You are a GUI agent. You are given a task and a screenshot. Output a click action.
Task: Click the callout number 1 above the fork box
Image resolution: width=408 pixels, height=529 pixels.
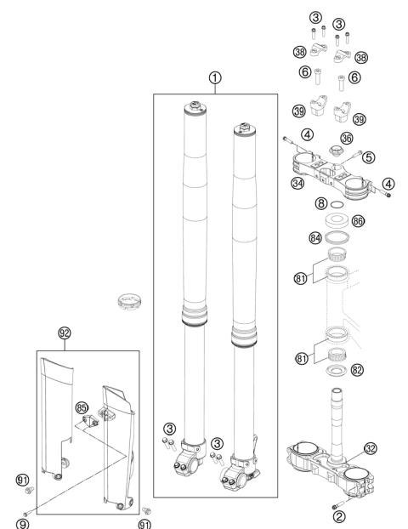(x=215, y=78)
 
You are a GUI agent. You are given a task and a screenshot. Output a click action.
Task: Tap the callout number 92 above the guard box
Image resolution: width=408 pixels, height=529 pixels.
(x=65, y=333)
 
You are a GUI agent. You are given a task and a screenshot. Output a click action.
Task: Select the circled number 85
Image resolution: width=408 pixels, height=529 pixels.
(x=82, y=407)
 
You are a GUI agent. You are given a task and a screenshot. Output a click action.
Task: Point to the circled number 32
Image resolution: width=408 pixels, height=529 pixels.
(x=371, y=448)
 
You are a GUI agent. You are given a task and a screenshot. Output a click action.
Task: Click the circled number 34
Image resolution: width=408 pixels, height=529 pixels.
(x=297, y=183)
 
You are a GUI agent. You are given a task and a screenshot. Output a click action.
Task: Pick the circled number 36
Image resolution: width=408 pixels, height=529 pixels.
(x=347, y=138)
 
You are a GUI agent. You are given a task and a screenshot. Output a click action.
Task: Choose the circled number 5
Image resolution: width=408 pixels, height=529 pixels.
(x=369, y=157)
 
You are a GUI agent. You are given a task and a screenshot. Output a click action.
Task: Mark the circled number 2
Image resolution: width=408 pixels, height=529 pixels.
(x=339, y=516)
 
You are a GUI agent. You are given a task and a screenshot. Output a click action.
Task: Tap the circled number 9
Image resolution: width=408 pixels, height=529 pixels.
(x=23, y=524)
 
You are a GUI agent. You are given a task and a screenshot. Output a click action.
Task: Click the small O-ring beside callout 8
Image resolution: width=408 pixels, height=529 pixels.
(x=337, y=205)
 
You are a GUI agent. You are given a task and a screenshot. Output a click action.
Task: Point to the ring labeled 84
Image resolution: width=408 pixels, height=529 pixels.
(x=337, y=237)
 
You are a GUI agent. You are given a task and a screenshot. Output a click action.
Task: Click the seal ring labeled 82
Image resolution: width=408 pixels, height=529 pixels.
(x=337, y=371)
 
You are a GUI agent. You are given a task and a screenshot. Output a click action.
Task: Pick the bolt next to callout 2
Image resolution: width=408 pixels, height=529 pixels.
(x=337, y=505)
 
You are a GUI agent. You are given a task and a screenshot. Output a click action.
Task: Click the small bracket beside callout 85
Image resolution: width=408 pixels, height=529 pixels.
(x=90, y=421)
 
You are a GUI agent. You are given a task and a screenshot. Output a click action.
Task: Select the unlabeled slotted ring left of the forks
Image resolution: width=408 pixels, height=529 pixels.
(x=129, y=302)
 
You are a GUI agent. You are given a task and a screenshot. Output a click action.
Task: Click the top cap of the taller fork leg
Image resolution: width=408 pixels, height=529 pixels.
(x=195, y=108)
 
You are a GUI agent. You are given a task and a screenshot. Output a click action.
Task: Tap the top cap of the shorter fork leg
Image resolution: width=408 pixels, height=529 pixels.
(x=245, y=130)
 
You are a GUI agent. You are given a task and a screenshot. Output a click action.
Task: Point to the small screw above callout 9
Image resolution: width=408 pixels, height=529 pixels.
(x=25, y=514)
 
